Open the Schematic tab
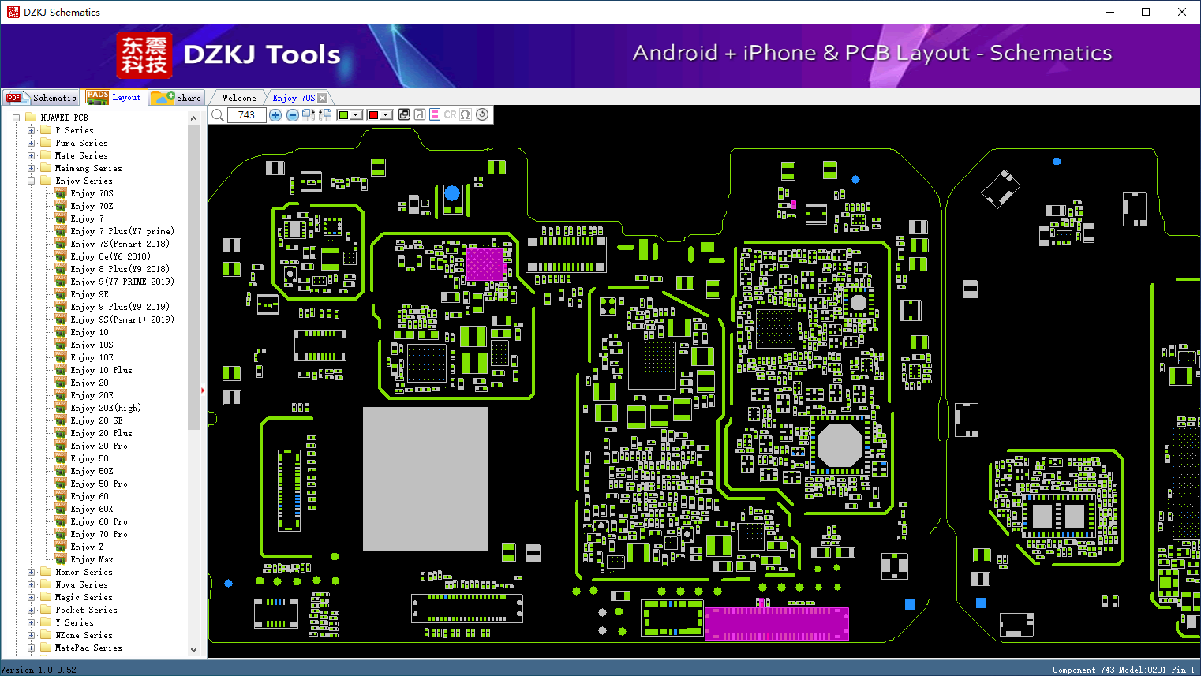coord(41,98)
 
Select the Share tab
coord(177,98)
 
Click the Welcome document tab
coord(239,98)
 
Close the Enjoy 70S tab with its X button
coord(322,98)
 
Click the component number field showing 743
coord(247,114)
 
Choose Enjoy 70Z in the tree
coord(92,206)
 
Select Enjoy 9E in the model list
coord(89,294)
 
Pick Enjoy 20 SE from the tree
coord(96,421)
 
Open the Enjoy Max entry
coord(92,560)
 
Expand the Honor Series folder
coord(31,572)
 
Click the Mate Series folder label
coord(81,155)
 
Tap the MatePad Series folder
coord(88,648)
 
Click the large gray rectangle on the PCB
coord(425,479)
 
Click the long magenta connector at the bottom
coord(776,623)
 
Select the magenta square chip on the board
coord(485,263)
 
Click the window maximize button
coord(1146,12)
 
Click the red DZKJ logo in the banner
coord(144,55)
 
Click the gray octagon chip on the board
coord(840,445)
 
